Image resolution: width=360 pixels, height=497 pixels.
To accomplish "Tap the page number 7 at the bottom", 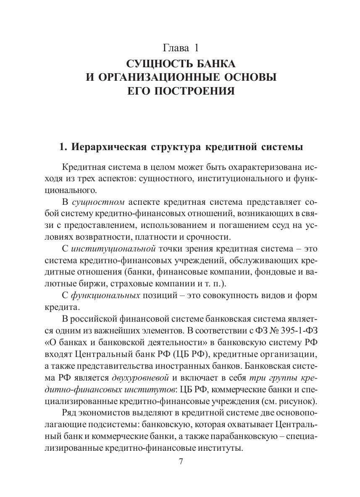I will [x=181, y=462].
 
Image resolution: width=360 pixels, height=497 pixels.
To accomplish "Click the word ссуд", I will [x=279, y=225].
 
